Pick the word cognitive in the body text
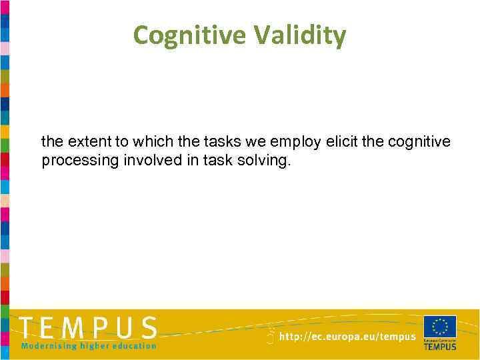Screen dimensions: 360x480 (x=419, y=141)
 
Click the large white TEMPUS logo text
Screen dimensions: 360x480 (x=89, y=329)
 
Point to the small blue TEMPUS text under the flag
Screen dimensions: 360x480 (x=440, y=346)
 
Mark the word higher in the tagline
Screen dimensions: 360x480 (x=93, y=346)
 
